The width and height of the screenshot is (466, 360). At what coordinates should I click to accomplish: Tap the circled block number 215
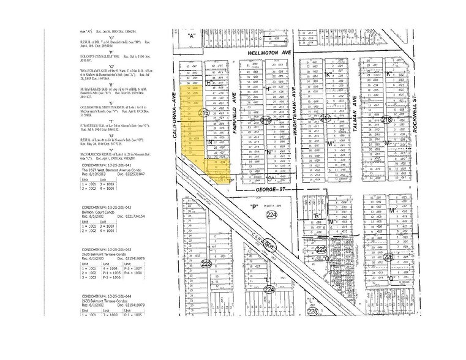pyautogui.click(x=204, y=114)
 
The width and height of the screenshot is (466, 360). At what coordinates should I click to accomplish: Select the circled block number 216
pyautogui.click(x=266, y=120)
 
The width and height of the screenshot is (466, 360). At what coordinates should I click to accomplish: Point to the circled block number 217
pyautogui.click(x=327, y=119)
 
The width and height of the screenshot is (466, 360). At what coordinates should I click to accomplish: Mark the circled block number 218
pyautogui.click(x=387, y=119)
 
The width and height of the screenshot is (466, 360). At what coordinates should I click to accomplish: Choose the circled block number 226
pyautogui.click(x=389, y=257)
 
